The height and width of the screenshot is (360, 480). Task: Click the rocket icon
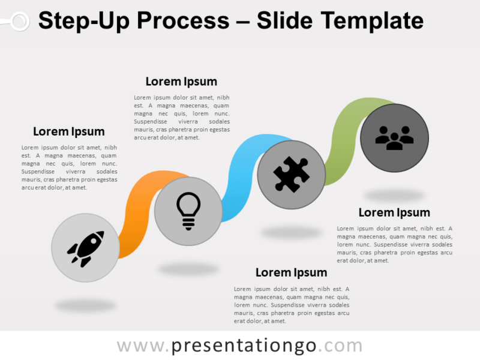[x=85, y=248]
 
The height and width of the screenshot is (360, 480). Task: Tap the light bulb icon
[x=188, y=211]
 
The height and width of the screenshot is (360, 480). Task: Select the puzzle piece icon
[x=292, y=175]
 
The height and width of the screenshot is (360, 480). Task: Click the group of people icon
[x=394, y=138]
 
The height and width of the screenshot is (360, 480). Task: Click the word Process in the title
[x=183, y=21]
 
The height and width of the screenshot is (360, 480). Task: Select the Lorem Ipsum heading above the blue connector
[x=181, y=82]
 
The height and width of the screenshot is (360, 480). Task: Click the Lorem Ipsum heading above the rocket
[x=68, y=131]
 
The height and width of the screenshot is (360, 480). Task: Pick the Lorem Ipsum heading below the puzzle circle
[x=291, y=273]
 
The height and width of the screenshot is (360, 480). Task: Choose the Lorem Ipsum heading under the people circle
[x=394, y=212]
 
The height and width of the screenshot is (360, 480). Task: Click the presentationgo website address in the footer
[x=239, y=346]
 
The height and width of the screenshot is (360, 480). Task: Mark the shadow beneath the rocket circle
[x=85, y=305]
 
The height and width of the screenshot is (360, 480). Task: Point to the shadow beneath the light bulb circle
[x=188, y=269]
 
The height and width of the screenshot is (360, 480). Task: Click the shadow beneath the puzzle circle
[x=292, y=232]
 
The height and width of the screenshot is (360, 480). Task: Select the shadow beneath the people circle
[x=394, y=195]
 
